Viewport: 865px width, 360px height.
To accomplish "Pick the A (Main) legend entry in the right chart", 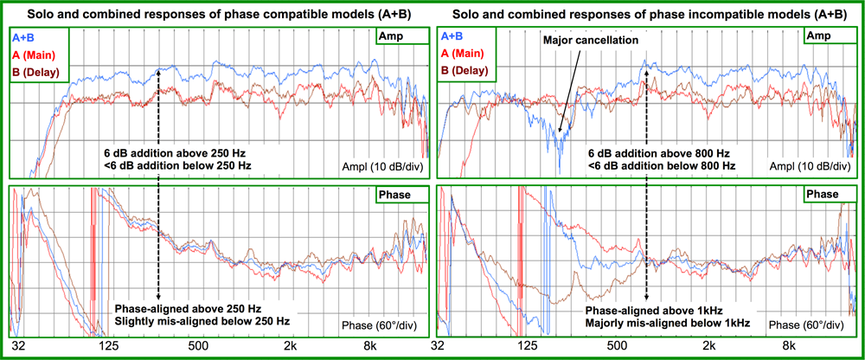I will pyautogui.click(x=464, y=55).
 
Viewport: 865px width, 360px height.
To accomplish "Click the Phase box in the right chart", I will pyautogui.click(x=823, y=195).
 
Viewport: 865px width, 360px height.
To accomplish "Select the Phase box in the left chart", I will pyautogui.click(x=396, y=195).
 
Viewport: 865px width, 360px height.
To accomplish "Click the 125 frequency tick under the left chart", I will pyautogui.click(x=109, y=347).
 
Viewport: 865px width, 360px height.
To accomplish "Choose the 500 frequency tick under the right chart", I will pyautogui.click(x=618, y=347).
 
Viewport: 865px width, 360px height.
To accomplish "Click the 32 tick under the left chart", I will pyautogui.click(x=19, y=347).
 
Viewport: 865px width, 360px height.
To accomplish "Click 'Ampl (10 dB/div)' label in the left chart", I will pyautogui.click(x=381, y=164).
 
